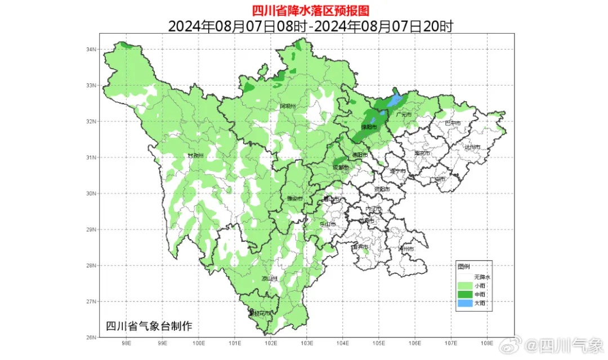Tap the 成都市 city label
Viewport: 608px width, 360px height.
pyautogui.click(x=341, y=168)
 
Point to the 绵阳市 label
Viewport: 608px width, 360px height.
pyautogui.click(x=369, y=127)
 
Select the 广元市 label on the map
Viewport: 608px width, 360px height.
pyautogui.click(x=404, y=115)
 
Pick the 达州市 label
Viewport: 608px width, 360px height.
pyautogui.click(x=472, y=147)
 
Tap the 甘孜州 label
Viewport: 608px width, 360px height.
pyautogui.click(x=195, y=156)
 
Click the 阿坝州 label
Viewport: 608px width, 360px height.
pyautogui.click(x=288, y=106)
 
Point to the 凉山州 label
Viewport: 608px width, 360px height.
pyautogui.click(x=270, y=278)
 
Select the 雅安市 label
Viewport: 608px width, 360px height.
pyautogui.click(x=294, y=199)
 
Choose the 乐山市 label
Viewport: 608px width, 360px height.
pyautogui.click(x=328, y=224)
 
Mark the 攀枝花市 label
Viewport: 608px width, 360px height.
pyautogui.click(x=260, y=313)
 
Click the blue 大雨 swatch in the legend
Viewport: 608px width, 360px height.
pyautogui.click(x=465, y=304)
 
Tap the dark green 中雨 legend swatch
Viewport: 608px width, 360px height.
pyautogui.click(x=465, y=295)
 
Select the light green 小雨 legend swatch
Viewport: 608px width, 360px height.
pyautogui.click(x=465, y=286)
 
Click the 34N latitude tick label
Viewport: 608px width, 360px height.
pyautogui.click(x=91, y=49)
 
